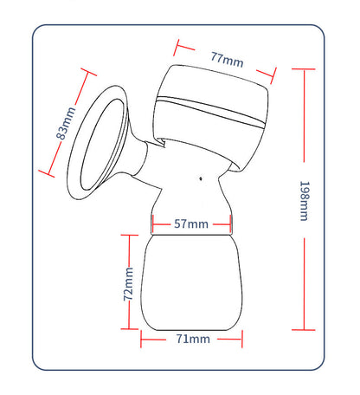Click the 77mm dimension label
(227, 60)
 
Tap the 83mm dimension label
(66, 123)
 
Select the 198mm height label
(305, 201)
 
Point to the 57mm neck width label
(191, 223)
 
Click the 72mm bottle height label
(128, 284)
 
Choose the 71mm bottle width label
(193, 339)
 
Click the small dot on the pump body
(201, 178)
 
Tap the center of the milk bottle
(191, 282)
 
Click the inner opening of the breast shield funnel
(101, 145)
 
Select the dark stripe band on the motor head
(210, 112)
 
